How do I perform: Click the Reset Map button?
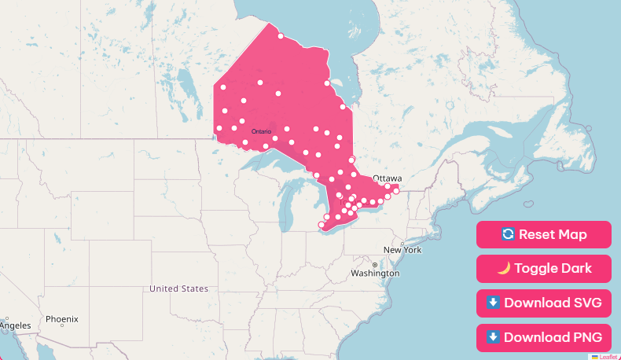pyautogui.click(x=543, y=234)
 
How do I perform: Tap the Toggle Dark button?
pyautogui.click(x=543, y=268)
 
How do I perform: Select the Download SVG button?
pyautogui.click(x=543, y=303)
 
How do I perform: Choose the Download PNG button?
pyautogui.click(x=543, y=337)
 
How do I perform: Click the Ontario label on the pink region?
pyautogui.click(x=262, y=131)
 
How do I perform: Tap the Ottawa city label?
pyautogui.click(x=388, y=178)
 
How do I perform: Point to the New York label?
pyautogui.click(x=402, y=250)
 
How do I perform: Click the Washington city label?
pyautogui.click(x=376, y=274)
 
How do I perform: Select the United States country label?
pyautogui.click(x=179, y=288)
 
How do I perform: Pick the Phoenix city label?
pyautogui.click(x=61, y=319)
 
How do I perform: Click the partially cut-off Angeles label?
pyautogui.click(x=15, y=325)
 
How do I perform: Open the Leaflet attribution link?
pyautogui.click(x=608, y=356)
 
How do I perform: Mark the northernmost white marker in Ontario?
pyautogui.click(x=281, y=35)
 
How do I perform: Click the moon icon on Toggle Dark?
pyautogui.click(x=504, y=268)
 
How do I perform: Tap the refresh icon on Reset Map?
pyautogui.click(x=508, y=234)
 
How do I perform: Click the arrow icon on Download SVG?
pyautogui.click(x=493, y=303)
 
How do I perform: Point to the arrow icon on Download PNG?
pyautogui.click(x=493, y=337)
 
